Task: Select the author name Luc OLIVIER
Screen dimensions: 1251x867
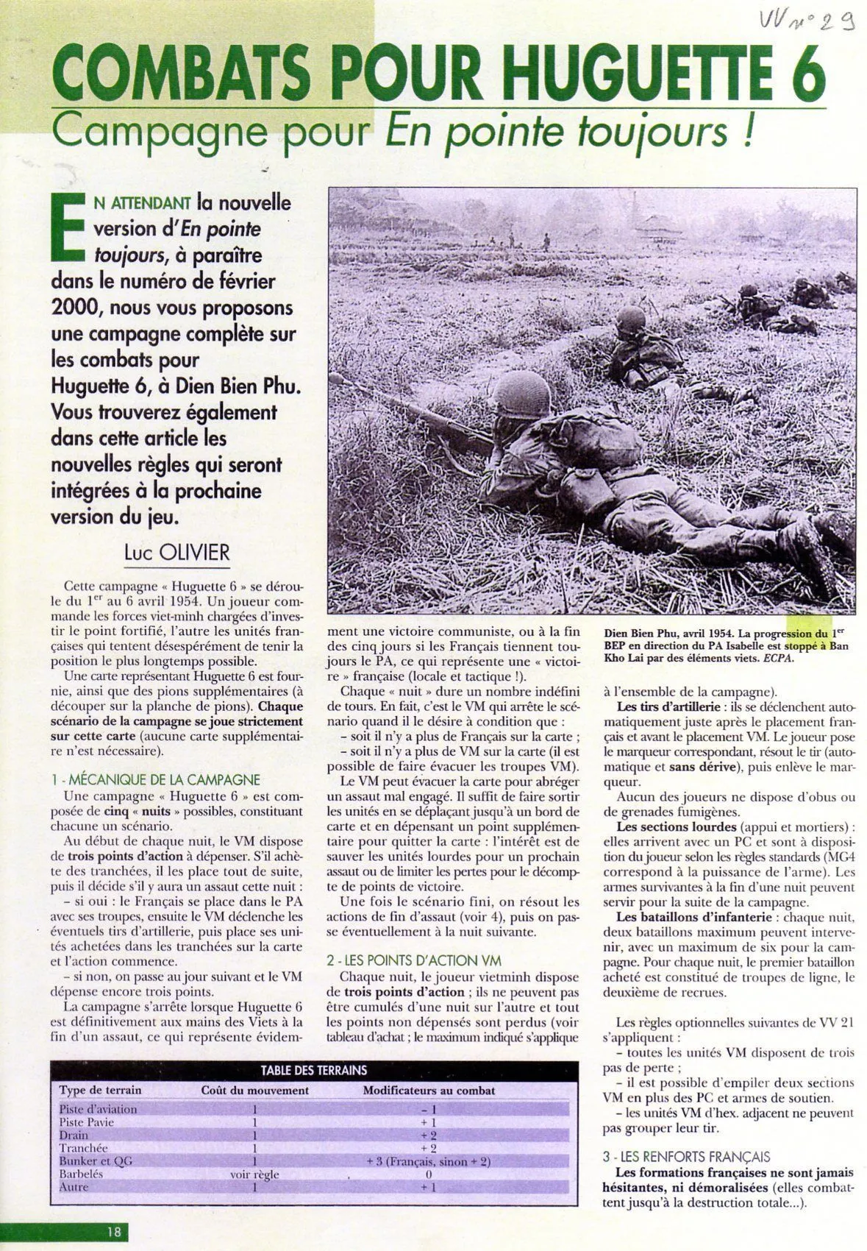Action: [x=177, y=551]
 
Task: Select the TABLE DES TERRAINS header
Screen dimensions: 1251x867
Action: [x=314, y=1070]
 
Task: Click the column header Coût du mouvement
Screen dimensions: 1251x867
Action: [x=254, y=1091]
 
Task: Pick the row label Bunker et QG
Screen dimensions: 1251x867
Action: [x=96, y=1160]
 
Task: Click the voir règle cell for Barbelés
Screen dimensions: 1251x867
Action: [x=254, y=1174]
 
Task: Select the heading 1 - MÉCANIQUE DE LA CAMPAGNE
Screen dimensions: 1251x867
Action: [x=155, y=780]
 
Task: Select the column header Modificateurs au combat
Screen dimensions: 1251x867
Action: [x=428, y=1091]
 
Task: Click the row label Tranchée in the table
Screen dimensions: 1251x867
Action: [x=83, y=1148]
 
